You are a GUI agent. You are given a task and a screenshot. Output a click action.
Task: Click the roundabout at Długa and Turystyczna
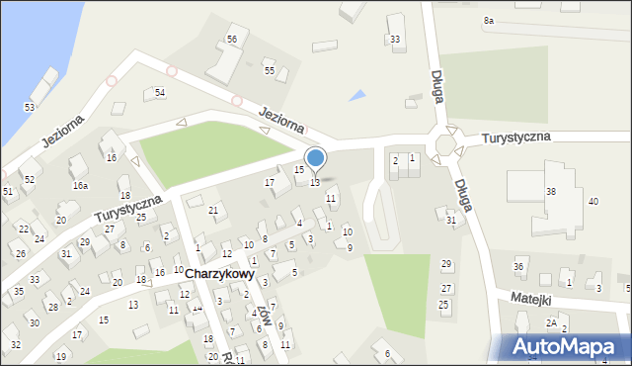pos(445,144)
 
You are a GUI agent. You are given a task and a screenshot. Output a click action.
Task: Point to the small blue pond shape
pos(357,96)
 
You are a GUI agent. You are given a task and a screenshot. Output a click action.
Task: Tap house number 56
pos(231,39)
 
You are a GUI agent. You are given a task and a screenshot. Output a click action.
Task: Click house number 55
pos(269,71)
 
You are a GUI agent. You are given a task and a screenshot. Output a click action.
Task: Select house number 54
pos(160,92)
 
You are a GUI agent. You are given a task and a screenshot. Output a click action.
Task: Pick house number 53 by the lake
pos(30,107)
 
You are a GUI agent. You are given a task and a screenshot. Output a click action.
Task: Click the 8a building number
pos(488,20)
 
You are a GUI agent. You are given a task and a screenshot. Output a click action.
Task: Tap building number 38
pos(551,191)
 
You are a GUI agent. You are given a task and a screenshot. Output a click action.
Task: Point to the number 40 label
pos(593,202)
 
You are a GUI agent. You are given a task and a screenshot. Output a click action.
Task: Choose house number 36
pos(518,267)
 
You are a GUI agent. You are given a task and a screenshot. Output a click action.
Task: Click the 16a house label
pos(80,185)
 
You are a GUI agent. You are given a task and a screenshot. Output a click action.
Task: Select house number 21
pos(212,210)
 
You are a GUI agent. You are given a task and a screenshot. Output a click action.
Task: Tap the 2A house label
pos(552,322)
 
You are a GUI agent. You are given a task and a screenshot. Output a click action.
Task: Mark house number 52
pos(30,179)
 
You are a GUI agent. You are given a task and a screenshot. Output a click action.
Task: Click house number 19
pos(60,356)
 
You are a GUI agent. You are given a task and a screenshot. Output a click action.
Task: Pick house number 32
pos(15,344)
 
